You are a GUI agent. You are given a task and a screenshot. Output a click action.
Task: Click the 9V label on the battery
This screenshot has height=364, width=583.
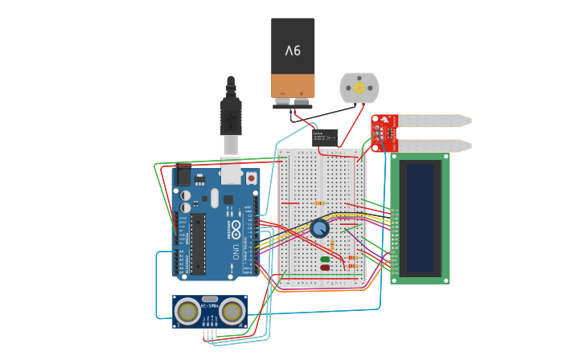click(x=293, y=50)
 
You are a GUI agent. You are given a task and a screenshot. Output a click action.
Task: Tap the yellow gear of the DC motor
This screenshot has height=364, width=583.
click(x=359, y=86)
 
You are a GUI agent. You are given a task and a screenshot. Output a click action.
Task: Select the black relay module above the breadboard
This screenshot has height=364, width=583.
click(x=325, y=137)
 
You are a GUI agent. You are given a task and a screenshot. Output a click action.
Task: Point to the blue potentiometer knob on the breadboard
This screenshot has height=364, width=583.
click(x=319, y=228)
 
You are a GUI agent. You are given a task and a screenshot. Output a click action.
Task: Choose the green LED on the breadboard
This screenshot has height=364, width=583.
click(x=325, y=260)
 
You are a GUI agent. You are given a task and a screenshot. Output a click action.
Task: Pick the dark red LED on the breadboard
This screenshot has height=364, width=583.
click(x=325, y=268)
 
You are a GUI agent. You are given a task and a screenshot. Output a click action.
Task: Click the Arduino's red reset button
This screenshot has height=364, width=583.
click(x=251, y=178)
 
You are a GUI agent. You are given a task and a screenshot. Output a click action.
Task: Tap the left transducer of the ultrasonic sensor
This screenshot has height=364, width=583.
click(x=188, y=310)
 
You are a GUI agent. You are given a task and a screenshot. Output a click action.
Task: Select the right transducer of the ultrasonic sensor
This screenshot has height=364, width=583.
click(x=232, y=310)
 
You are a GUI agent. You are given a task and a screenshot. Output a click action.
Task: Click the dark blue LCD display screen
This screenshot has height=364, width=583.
click(x=420, y=218)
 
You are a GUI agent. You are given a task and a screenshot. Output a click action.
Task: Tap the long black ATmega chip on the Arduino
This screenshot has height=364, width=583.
click(x=198, y=243)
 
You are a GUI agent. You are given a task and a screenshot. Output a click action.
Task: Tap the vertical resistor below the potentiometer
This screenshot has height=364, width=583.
click(x=332, y=243)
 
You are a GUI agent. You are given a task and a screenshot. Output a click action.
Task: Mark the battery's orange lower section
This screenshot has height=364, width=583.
click(x=293, y=86)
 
